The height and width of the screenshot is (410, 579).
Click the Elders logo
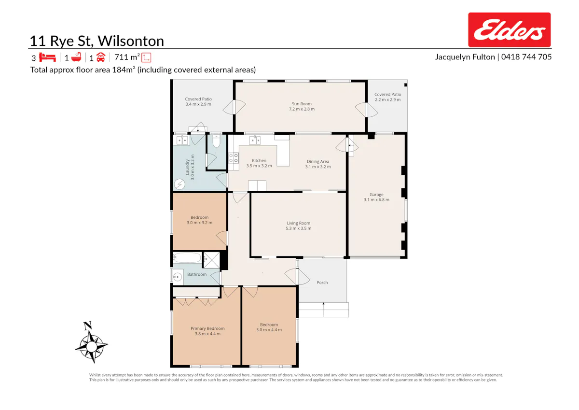click(509, 30)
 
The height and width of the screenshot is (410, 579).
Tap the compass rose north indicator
click(88, 325)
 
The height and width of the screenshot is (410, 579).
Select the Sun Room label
click(302, 106)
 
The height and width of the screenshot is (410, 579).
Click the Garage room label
click(376, 197)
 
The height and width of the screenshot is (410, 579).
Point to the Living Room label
click(298, 226)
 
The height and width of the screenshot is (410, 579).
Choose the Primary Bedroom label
click(207, 331)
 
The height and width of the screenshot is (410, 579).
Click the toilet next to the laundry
click(216, 141)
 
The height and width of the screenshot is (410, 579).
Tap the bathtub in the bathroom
click(187, 258)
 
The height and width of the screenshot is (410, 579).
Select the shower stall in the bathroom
click(211, 260)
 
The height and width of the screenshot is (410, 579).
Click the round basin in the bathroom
click(178, 277)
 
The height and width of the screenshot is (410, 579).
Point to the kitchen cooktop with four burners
click(234, 158)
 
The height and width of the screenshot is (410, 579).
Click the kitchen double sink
click(255, 141)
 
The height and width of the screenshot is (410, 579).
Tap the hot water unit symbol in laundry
click(179, 184)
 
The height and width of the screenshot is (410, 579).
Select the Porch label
click(322, 283)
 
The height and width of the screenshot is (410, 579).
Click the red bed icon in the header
click(47, 57)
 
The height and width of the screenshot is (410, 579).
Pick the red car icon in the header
click(101, 57)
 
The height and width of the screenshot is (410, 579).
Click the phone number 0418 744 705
click(526, 57)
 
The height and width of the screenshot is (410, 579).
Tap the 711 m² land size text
click(127, 57)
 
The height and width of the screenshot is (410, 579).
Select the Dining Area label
click(318, 164)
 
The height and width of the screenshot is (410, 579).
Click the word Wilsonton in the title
click(131, 41)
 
